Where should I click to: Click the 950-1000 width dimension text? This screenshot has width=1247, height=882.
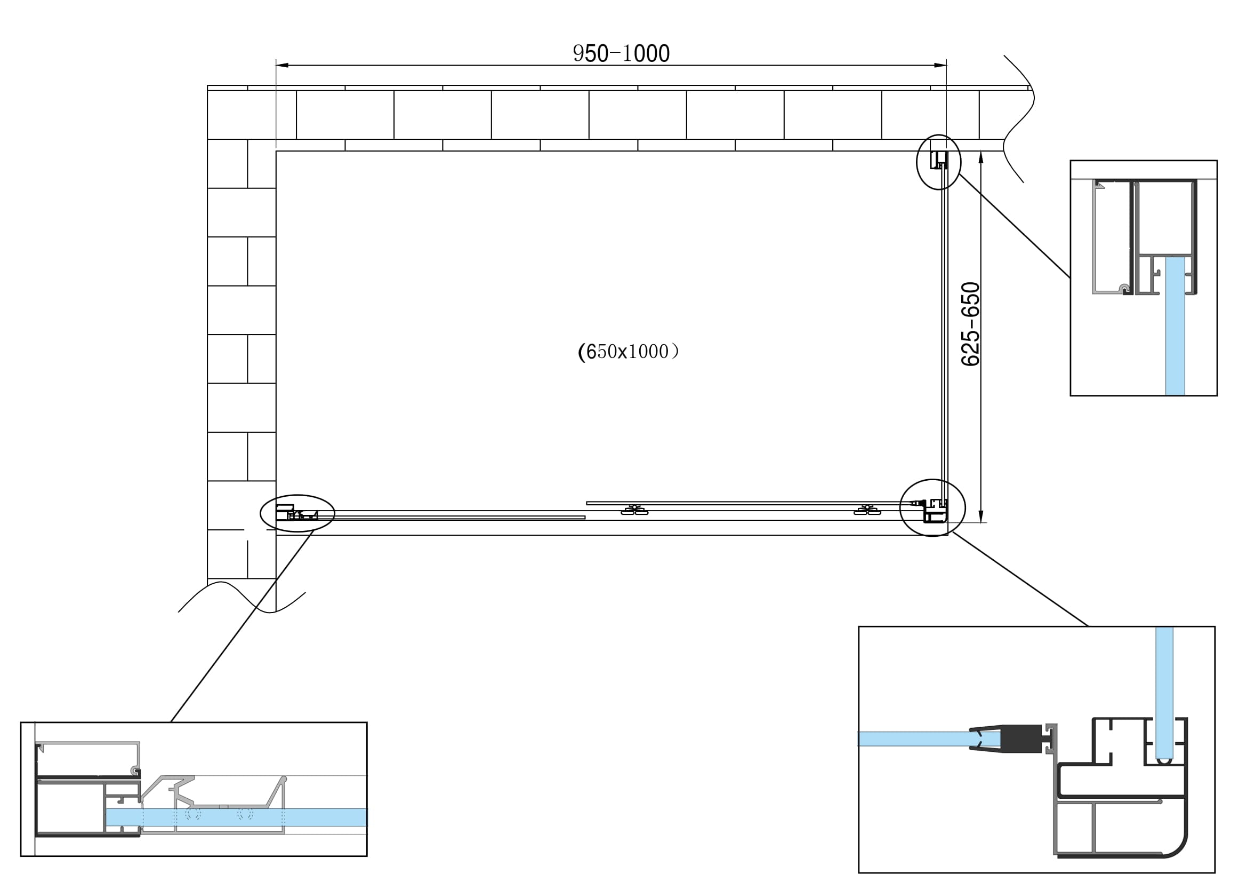click(621, 53)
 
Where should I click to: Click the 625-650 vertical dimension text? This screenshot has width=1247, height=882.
click(970, 324)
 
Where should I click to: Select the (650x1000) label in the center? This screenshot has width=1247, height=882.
click(628, 352)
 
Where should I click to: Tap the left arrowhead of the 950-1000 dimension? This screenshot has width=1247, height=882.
click(282, 65)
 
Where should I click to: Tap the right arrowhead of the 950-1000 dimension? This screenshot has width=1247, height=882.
click(940, 65)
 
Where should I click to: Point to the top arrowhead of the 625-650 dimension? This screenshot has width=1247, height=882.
click(981, 157)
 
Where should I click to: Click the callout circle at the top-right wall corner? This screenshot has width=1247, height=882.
click(938, 162)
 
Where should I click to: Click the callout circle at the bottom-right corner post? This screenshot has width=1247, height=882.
click(932, 507)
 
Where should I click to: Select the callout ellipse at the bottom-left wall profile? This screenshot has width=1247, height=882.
click(297, 512)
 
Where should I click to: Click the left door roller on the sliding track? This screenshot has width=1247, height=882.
click(634, 510)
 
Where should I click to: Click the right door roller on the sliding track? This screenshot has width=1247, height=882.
click(867, 510)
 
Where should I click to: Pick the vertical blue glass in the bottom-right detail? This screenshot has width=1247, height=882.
click(1164, 690)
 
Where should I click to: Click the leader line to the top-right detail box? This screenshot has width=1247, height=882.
click(1015, 226)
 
